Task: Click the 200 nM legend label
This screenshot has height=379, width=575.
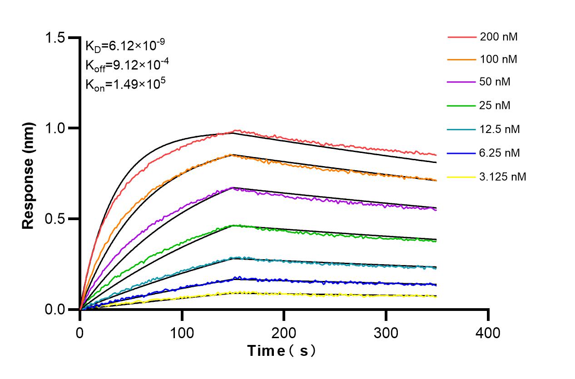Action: coord(498,36)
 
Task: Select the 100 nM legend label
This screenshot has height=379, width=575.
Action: coord(498,59)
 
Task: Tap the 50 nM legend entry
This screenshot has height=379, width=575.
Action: coord(495,82)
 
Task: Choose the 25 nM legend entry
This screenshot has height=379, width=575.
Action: coord(495,105)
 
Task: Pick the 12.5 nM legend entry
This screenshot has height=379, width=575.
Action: coord(500,129)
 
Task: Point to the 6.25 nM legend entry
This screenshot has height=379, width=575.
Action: coord(500,153)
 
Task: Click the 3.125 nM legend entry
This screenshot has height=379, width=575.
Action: coord(503,177)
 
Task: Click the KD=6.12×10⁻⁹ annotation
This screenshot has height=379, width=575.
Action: coord(125,45)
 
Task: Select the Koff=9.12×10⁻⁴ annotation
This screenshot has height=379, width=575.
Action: coord(127,65)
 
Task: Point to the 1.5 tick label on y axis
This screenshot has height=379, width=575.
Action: coord(57,38)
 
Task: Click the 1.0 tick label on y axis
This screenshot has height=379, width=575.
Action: coord(57,128)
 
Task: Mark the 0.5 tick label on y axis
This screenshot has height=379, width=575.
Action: coord(57,219)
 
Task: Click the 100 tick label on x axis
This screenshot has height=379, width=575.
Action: coord(182,333)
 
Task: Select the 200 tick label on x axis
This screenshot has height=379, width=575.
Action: coord(284,333)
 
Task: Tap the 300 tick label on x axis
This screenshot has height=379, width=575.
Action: coord(386,333)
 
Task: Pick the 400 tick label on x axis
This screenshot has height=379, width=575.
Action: coord(488,333)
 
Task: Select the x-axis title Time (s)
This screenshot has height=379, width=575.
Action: coord(281,350)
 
